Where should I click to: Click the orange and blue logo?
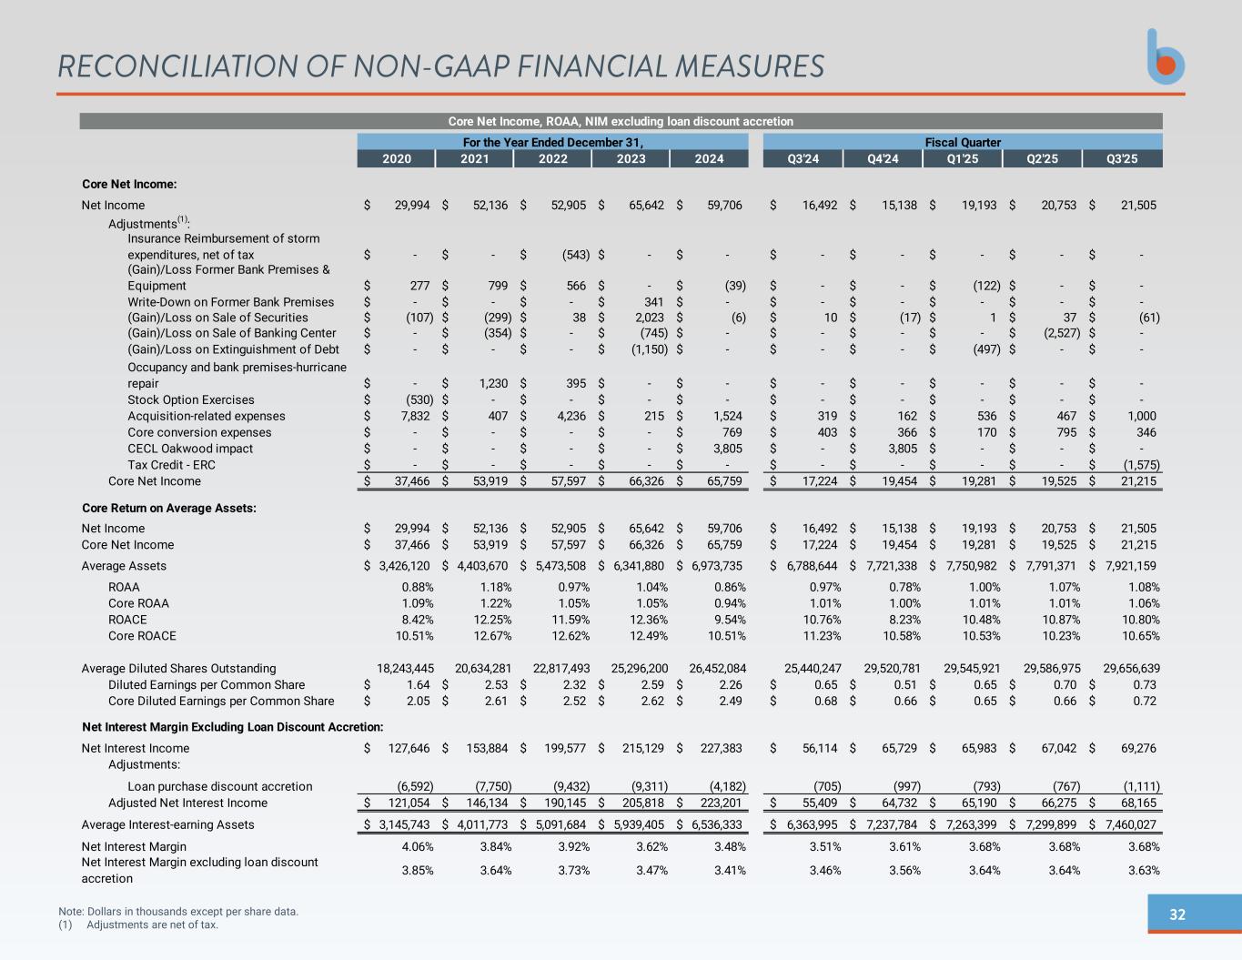point(1166,57)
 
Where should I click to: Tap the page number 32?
point(1176,915)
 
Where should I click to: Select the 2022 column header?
point(552,159)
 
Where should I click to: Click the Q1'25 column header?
point(962,159)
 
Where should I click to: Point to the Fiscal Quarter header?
point(963,143)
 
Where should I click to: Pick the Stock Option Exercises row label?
point(190,399)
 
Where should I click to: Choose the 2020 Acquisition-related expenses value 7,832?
point(415,416)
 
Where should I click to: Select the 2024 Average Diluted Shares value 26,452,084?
point(718,668)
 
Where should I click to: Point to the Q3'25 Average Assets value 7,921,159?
point(1132,566)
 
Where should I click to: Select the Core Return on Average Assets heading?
point(169,508)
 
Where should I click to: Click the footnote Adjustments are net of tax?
point(152,925)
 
